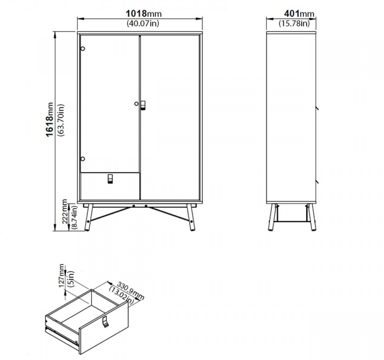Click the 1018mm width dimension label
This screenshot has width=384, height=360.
tap(144, 14)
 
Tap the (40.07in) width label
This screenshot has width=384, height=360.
tap(143, 23)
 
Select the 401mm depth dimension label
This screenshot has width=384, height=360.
tap(299, 14)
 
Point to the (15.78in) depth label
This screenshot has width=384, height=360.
tap(294, 23)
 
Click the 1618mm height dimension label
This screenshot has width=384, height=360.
tap(50, 120)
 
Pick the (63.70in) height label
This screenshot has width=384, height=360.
tap(60, 120)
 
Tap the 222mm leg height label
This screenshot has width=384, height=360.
tap(65, 211)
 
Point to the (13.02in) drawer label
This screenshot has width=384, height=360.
tap(122, 296)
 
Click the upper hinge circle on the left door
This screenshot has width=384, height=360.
tap(83, 49)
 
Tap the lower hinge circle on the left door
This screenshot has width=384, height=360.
tap(83, 159)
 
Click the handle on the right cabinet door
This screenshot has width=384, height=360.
tap(143, 105)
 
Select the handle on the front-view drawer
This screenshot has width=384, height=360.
tap(110, 179)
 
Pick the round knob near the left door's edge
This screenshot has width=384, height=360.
tap(136, 104)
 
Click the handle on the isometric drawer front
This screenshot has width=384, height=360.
tap(106, 322)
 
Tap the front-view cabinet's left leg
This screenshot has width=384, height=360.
tap(88, 217)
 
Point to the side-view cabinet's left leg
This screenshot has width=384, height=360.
tap(272, 217)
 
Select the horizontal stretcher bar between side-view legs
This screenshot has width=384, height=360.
tap(291, 222)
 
